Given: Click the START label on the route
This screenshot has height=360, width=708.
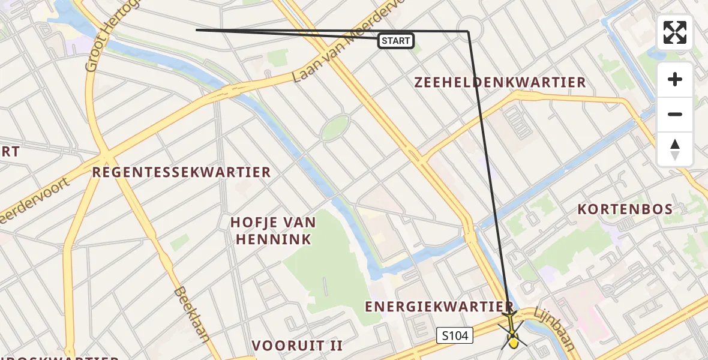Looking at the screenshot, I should pyautogui.click(x=396, y=41).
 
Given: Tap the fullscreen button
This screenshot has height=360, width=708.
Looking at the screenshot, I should pyautogui.click(x=675, y=32).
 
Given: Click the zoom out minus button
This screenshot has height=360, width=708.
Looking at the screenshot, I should pyautogui.click(x=675, y=114).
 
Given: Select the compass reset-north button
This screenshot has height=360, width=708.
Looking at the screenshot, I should pyautogui.click(x=675, y=149).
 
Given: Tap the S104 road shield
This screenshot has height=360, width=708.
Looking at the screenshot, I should pyautogui.click(x=455, y=335).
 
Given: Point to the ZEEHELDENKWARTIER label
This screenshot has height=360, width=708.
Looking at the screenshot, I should pyautogui.click(x=500, y=83).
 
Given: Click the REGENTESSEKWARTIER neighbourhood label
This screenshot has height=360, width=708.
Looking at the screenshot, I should pyautogui.click(x=181, y=173).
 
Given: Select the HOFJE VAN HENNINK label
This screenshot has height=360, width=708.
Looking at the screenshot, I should pyautogui.click(x=273, y=231).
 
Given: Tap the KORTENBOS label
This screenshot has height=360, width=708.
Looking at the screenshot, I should pyautogui.click(x=625, y=209).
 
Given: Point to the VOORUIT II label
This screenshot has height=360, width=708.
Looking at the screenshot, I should pyautogui.click(x=297, y=346).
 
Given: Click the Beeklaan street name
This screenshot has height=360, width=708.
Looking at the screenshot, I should pyautogui.click(x=191, y=314).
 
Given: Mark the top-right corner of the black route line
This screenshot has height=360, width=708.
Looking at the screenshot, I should pyautogui.click(x=467, y=31).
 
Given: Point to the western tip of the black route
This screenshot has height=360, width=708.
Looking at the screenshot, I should pyautogui.click(x=197, y=29).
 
